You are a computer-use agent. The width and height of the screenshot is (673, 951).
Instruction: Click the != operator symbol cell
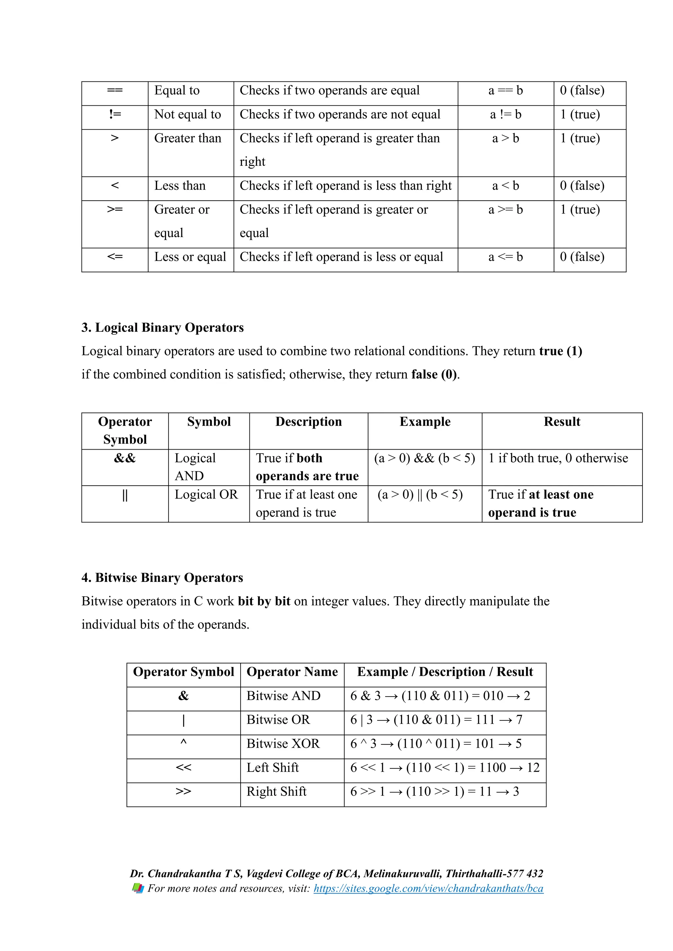click(x=115, y=114)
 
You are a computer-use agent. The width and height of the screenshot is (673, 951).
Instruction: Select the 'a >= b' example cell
click(x=506, y=210)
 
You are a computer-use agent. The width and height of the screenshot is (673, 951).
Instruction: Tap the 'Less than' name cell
click(x=180, y=186)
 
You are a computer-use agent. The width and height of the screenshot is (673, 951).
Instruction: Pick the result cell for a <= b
click(x=582, y=257)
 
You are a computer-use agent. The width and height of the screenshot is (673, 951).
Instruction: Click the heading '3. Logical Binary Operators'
click(x=162, y=328)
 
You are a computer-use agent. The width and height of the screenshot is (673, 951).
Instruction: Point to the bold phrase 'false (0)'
click(x=434, y=374)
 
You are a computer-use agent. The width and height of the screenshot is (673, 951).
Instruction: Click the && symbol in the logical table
click(x=125, y=458)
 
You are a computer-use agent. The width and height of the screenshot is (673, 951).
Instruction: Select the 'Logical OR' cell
click(x=206, y=495)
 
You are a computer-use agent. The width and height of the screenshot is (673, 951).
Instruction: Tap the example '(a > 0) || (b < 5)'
click(x=420, y=495)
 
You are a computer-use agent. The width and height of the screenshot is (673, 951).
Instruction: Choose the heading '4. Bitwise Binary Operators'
click(x=162, y=578)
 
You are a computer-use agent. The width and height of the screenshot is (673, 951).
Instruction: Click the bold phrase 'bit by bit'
click(x=264, y=601)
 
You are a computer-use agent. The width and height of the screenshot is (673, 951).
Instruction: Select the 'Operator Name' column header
click(x=292, y=672)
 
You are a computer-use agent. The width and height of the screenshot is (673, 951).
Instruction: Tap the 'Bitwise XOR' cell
click(x=283, y=743)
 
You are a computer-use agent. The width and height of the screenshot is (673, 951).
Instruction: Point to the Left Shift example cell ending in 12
click(x=445, y=767)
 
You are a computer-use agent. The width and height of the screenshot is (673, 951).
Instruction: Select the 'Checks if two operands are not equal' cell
click(x=340, y=114)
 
